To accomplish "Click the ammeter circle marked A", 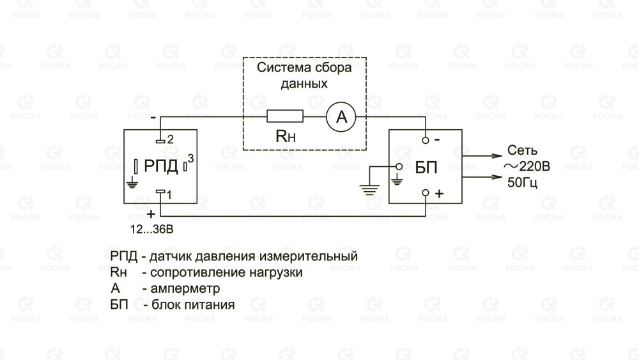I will tap(341, 116).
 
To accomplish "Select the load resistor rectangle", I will tap(284, 116).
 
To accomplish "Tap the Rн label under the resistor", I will tap(286, 136).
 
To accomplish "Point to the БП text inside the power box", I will tap(426, 168).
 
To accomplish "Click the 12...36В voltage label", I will tap(151, 228).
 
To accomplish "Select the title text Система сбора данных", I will tap(304, 75).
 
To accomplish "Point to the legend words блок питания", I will tap(189, 305).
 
